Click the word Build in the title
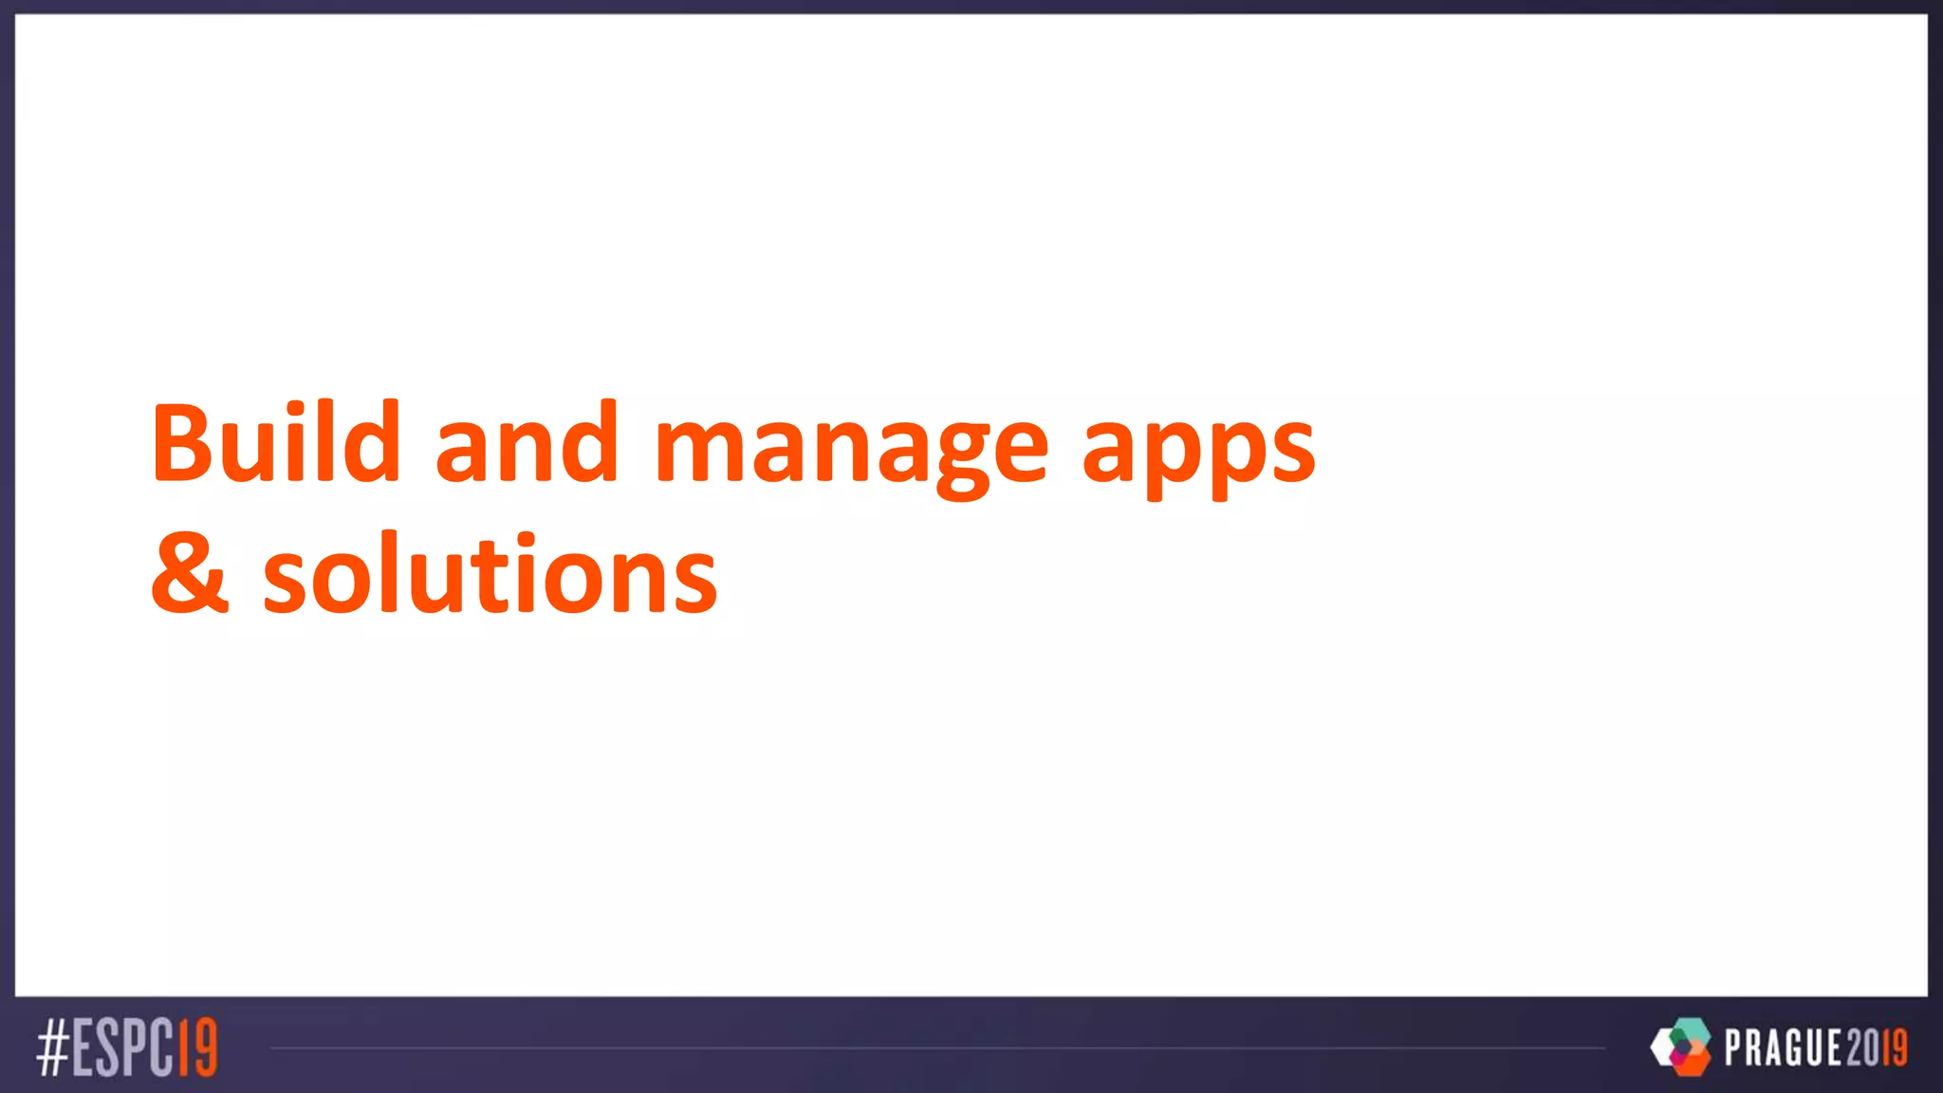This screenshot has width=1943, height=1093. [275, 442]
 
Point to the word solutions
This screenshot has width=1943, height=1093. [490, 575]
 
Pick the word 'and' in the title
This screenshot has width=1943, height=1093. [527, 442]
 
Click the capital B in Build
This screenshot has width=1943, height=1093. [181, 442]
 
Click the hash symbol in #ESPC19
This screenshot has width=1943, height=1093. [53, 1048]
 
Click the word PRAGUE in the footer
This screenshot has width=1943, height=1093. [1784, 1048]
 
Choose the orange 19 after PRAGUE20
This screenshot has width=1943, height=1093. [1895, 1048]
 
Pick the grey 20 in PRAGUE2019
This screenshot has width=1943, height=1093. [1862, 1048]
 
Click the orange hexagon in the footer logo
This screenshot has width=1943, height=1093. [1690, 1062]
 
